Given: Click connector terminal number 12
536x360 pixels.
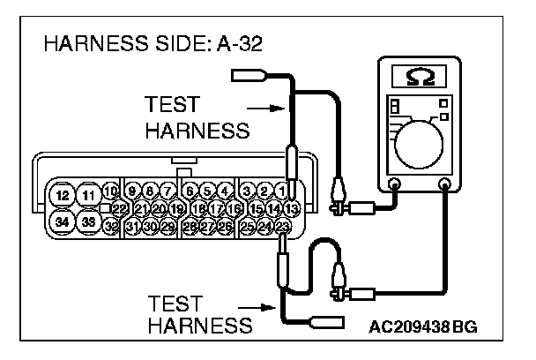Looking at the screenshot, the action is click(x=61, y=195).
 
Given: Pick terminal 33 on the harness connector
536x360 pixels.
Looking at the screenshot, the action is click(x=89, y=221).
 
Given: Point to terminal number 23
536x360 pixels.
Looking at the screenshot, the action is click(x=282, y=227).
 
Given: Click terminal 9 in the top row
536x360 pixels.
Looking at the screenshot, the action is click(x=133, y=191).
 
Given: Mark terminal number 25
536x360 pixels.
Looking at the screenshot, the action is click(x=248, y=227).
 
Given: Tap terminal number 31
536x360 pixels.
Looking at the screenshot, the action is click(x=133, y=227).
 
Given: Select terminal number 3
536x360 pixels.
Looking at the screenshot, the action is click(x=248, y=191).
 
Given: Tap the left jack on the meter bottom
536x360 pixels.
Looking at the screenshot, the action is click(x=394, y=185).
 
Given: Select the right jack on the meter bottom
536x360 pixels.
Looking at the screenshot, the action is click(x=444, y=185).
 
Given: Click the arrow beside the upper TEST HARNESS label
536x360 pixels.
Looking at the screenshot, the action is click(x=265, y=109).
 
